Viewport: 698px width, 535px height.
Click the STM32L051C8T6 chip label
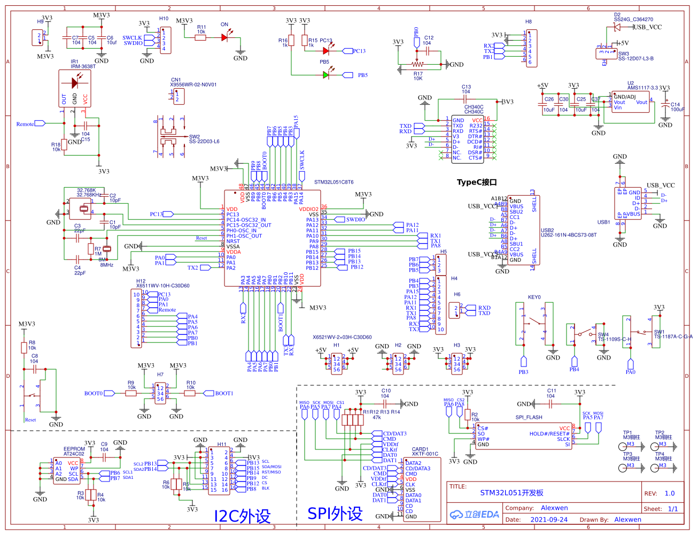coord(334,182)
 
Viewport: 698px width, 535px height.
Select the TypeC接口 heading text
coord(476,182)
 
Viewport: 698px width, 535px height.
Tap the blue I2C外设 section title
coord(242,516)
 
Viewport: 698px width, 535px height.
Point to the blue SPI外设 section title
coord(335,514)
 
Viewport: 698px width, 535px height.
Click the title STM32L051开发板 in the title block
coord(511,493)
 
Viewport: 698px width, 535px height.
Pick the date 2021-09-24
coord(549,519)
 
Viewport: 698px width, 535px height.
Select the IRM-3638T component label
coord(83,66)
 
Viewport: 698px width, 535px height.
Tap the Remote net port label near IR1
coord(25,124)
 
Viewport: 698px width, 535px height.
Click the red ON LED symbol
coord(225,37)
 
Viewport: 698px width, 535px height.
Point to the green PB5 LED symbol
coord(326,75)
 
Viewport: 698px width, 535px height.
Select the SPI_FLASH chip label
coord(529,417)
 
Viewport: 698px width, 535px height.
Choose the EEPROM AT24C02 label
coord(74,452)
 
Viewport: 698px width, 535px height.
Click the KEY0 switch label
coord(534,297)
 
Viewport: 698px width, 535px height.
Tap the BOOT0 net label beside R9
coord(93,393)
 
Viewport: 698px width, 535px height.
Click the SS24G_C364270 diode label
coord(633,19)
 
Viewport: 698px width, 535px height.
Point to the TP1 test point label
coord(627,433)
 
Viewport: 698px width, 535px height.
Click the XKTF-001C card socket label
coord(425,454)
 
